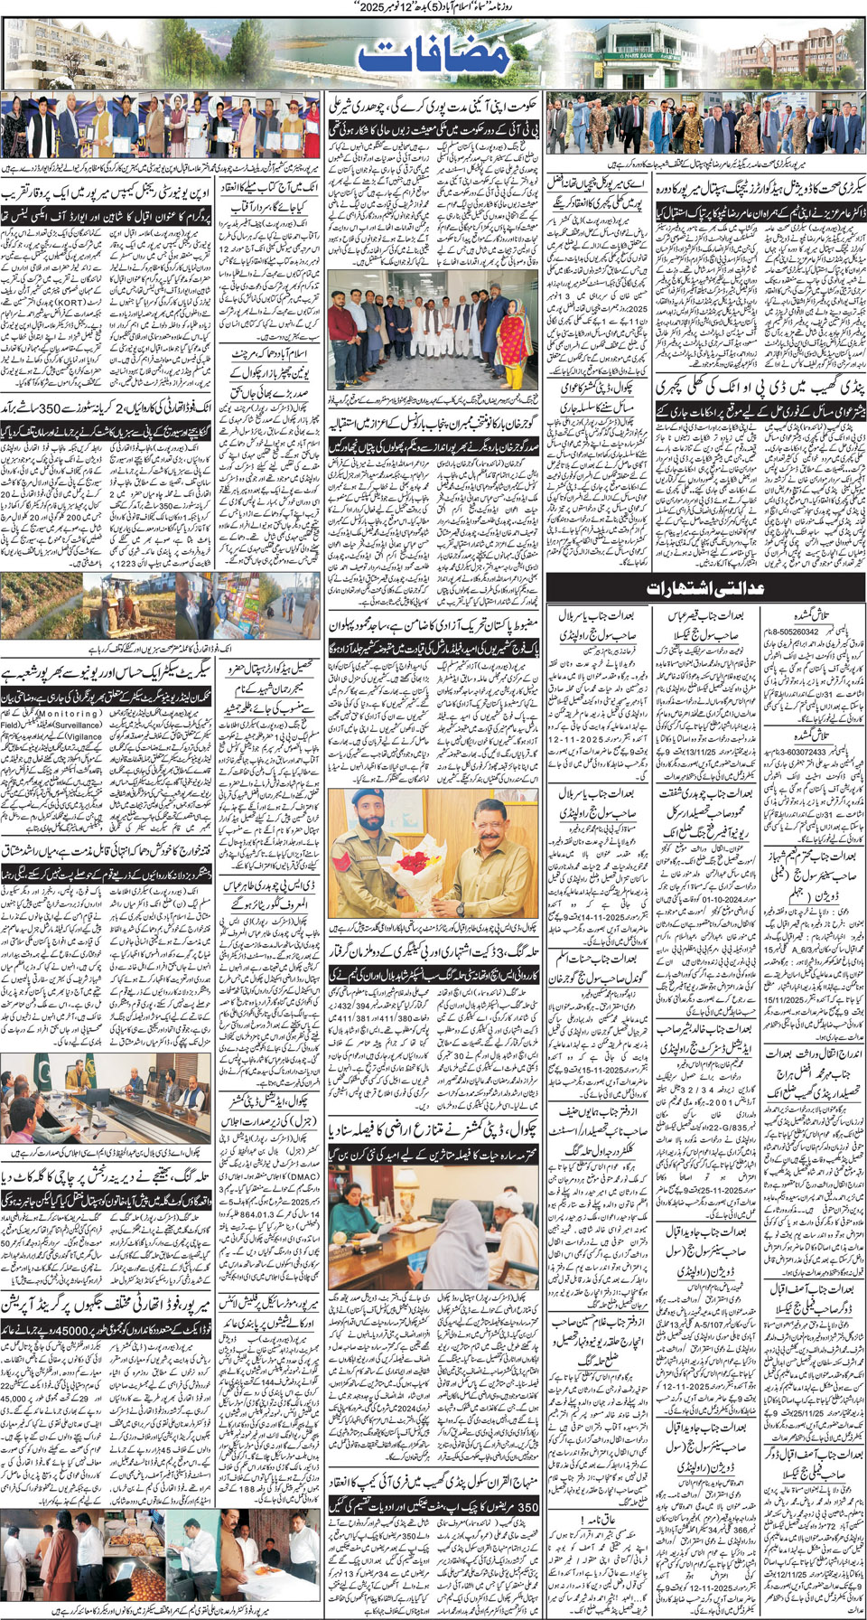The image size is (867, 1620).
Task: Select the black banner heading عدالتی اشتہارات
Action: pos(705,587)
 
